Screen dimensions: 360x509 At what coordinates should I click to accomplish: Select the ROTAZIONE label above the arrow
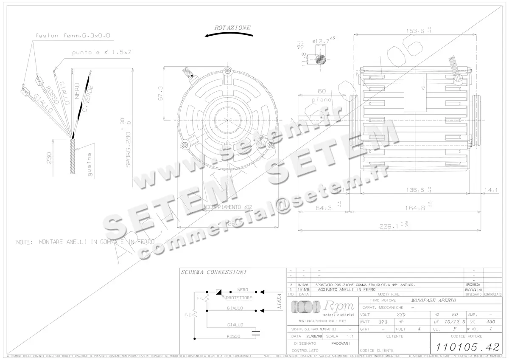[232, 28]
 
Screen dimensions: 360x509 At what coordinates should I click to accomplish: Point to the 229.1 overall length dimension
[390, 226]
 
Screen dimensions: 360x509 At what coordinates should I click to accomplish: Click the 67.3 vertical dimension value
[160, 93]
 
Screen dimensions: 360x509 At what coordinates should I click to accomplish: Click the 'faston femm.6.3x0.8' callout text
[73, 36]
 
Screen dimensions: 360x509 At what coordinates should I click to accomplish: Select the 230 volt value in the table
[400, 315]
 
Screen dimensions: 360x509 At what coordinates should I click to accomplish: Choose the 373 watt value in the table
[383, 322]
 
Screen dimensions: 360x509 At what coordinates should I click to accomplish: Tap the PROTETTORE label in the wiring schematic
[239, 298]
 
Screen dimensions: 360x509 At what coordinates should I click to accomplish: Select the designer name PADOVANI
[338, 343]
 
